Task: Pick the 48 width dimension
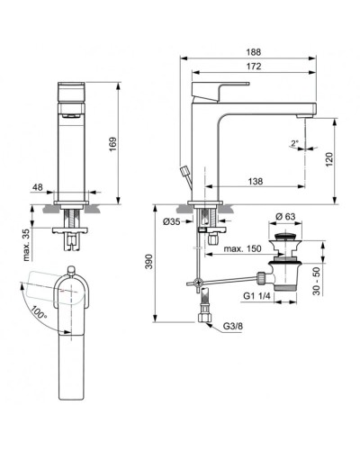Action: pyautogui.click(x=36, y=189)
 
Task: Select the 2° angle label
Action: pyautogui.click(x=295, y=142)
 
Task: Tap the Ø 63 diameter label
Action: pyautogui.click(x=286, y=216)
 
